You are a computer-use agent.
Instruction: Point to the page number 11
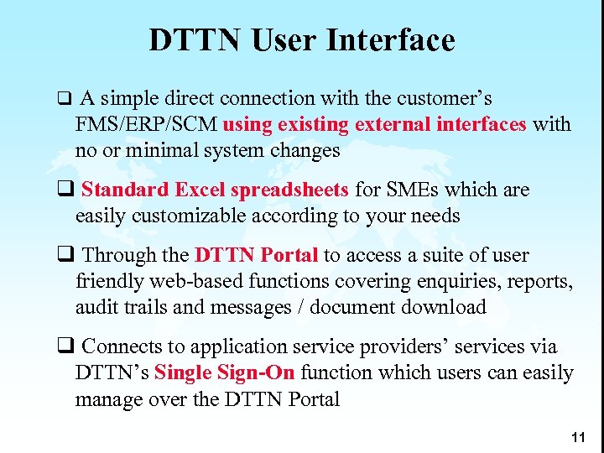click(576, 438)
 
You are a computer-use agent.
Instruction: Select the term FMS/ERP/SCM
click(148, 125)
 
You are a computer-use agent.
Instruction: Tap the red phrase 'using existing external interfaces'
click(375, 125)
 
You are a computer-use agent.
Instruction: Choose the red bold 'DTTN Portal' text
click(256, 255)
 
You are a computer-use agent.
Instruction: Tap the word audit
click(97, 307)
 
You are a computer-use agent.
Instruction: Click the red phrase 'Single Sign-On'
click(226, 372)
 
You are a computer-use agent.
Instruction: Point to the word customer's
click(444, 99)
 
